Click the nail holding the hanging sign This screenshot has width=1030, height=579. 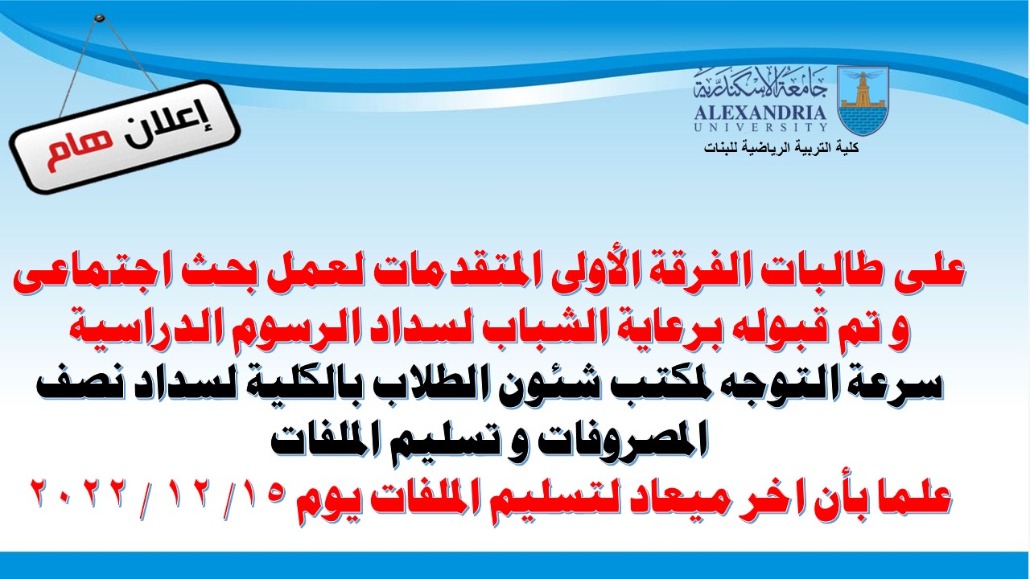(x=98, y=18)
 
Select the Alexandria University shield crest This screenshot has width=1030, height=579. (x=863, y=100)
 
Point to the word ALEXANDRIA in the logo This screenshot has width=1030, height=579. (x=760, y=113)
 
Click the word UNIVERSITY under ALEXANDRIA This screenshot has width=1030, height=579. (x=760, y=127)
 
